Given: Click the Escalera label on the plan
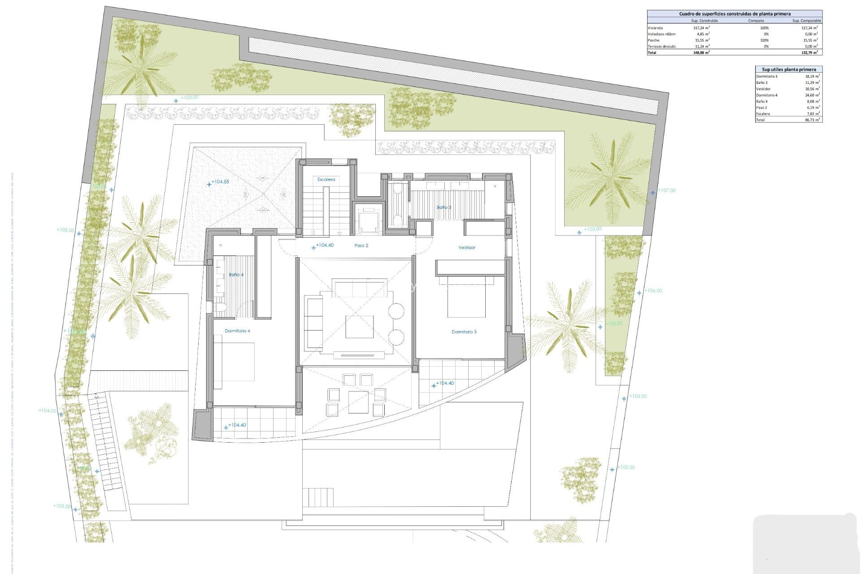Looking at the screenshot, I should pyautogui.click(x=326, y=179).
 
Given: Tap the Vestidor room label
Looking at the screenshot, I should pyautogui.click(x=466, y=248).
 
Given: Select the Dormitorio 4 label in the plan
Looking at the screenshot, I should pyautogui.click(x=237, y=331).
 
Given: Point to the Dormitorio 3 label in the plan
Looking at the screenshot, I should pyautogui.click(x=464, y=332).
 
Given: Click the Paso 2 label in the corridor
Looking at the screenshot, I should pyautogui.click(x=361, y=246).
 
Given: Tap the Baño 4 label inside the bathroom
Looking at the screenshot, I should pyautogui.click(x=236, y=274).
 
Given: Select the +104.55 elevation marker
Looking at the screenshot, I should pyautogui.click(x=220, y=182).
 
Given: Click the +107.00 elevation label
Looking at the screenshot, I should pyautogui.click(x=666, y=191).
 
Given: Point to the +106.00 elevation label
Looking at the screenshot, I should pyautogui.click(x=653, y=291).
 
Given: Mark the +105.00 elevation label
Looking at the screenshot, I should pyautogui.click(x=65, y=230).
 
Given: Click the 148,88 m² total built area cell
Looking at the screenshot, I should pyautogui.click(x=701, y=52).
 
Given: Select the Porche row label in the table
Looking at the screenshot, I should pyautogui.click(x=653, y=40).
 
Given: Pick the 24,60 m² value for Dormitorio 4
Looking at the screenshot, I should pyautogui.click(x=812, y=95).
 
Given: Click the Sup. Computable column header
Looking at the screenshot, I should pyautogui.click(x=806, y=21).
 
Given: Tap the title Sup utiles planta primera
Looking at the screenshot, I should pyautogui.click(x=789, y=70).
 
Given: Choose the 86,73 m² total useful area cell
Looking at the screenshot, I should pyautogui.click(x=812, y=120).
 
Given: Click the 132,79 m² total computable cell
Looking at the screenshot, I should pyautogui.click(x=808, y=52).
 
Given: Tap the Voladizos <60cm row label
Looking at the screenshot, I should pyautogui.click(x=661, y=34).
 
